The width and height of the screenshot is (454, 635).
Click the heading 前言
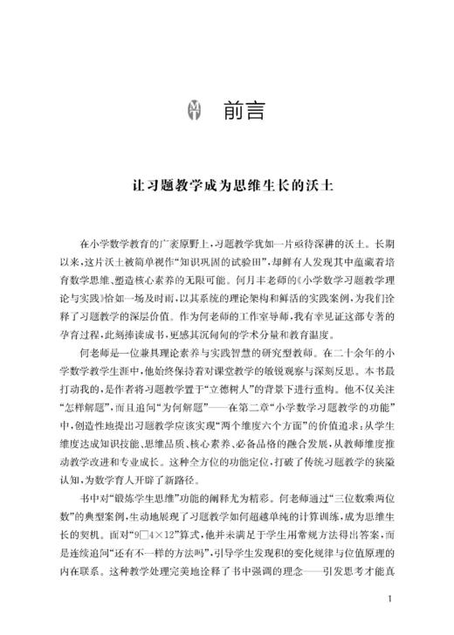[x=241, y=111]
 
